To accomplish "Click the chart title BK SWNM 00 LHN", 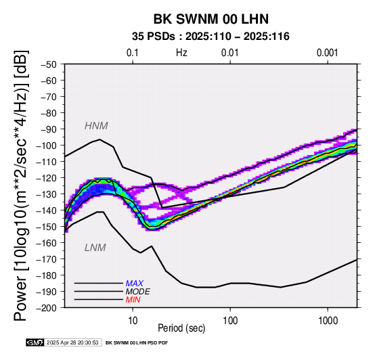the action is (211, 19).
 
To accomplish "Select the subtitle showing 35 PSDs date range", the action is (211, 37).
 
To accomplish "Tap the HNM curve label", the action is (96, 126).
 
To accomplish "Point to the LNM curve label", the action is (95, 248).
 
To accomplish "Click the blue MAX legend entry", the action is (135, 284).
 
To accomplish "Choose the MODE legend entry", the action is (138, 292).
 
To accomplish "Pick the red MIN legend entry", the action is (133, 300).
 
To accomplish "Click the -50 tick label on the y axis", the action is (48, 64).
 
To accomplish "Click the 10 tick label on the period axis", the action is (133, 321).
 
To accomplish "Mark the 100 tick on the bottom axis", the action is (230, 321).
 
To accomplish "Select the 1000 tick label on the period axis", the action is (328, 321).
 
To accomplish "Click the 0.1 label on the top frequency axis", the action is (133, 53).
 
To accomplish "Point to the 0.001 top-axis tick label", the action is (328, 53).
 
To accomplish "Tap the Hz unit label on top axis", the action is (181, 53).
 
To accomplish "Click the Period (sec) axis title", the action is (181, 328).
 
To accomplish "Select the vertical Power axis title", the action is (21, 185).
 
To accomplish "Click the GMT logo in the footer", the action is (35, 342).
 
